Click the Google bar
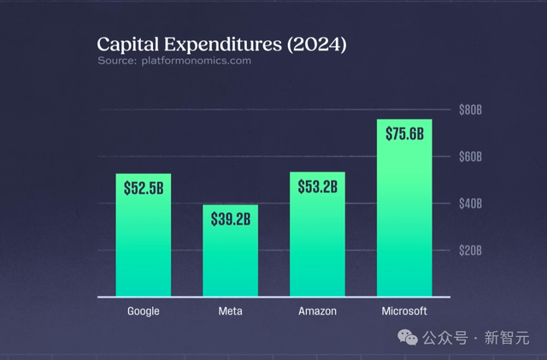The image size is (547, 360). [143, 248]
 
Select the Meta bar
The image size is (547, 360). [230, 261]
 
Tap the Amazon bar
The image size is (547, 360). [317, 248]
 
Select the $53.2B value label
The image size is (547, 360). [317, 187]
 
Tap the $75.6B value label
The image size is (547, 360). [404, 134]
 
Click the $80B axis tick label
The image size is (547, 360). [471, 110]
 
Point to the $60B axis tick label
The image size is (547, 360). [471, 157]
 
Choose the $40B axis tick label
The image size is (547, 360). [471, 204]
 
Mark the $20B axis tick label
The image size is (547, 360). [471, 251]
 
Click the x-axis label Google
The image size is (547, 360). [143, 311]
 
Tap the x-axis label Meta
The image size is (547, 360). [230, 311]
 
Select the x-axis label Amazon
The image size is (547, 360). [317, 311]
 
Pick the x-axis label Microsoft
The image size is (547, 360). [404, 311]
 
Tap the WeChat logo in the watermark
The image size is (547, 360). [409, 338]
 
